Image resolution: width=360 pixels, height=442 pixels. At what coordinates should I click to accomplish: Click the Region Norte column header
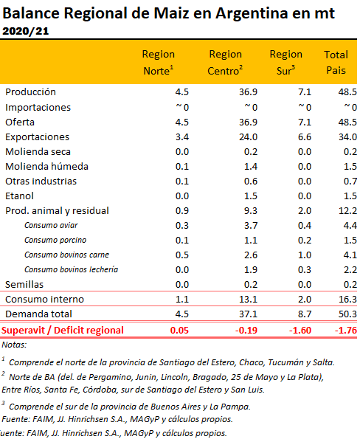(158, 62)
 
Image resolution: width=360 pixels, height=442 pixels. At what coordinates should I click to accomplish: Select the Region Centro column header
(225, 62)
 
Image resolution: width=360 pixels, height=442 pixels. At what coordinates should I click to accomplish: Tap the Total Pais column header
(336, 62)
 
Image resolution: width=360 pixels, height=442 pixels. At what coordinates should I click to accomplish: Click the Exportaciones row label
(37, 137)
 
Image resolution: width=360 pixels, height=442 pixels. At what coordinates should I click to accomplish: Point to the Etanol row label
(19, 196)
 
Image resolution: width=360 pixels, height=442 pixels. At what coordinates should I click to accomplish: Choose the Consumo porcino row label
(55, 240)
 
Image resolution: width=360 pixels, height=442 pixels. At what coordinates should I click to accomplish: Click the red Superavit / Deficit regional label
(62, 330)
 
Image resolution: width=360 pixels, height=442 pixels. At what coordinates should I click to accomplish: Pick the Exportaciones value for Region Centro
(248, 137)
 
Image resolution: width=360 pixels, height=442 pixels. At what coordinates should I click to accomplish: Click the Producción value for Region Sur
(305, 92)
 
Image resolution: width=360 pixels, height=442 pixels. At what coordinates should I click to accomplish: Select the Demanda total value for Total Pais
(347, 314)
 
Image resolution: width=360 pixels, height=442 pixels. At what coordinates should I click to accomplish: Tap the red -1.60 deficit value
(300, 330)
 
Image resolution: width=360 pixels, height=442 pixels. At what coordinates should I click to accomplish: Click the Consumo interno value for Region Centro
(248, 299)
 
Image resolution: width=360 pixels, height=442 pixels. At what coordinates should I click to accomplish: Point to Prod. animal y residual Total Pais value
(347, 211)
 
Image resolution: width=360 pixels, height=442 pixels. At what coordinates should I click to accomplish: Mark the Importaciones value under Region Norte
(182, 108)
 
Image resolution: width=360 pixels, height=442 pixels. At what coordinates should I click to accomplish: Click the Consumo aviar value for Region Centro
(251, 226)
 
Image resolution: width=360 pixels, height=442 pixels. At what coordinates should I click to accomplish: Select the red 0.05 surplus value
(179, 330)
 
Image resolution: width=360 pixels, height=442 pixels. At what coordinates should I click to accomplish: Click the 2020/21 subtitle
(25, 31)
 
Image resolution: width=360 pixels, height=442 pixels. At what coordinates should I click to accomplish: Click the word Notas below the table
(14, 345)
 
